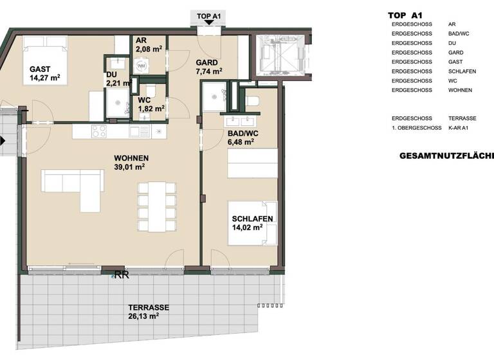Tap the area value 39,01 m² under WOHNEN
129,166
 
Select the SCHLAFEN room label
252,219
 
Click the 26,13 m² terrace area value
144,316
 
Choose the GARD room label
207,63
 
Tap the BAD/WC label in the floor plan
238,134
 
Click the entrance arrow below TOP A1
208,22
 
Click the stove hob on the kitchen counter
98,131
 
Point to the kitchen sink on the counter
138,131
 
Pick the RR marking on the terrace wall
122,275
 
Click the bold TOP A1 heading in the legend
405,15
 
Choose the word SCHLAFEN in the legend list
462,71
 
